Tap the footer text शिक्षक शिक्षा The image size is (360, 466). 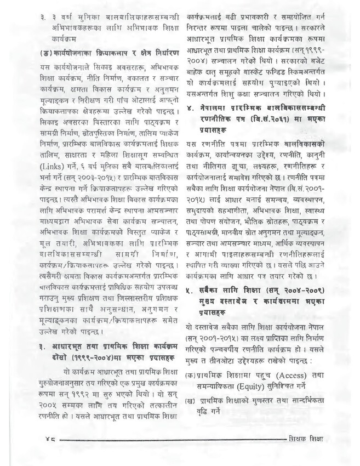pyautogui.click(x=312, y=439)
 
